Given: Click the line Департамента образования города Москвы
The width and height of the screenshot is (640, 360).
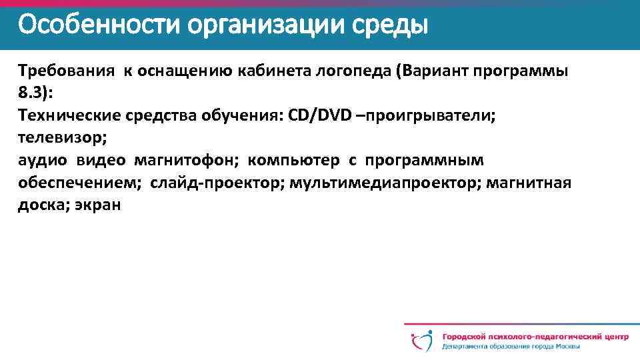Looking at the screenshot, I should (x=510, y=347).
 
